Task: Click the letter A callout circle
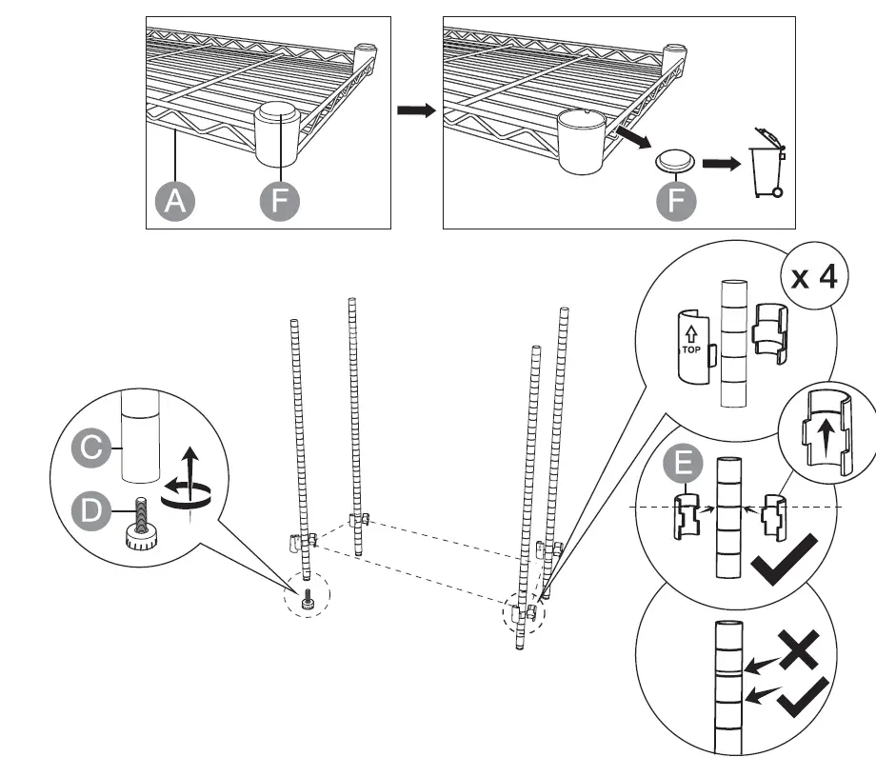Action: tap(174, 202)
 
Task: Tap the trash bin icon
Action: tap(768, 163)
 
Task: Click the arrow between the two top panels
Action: tap(416, 111)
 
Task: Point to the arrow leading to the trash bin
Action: tap(723, 163)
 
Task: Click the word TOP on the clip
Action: tap(690, 349)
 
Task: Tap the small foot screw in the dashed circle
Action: tap(308, 601)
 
